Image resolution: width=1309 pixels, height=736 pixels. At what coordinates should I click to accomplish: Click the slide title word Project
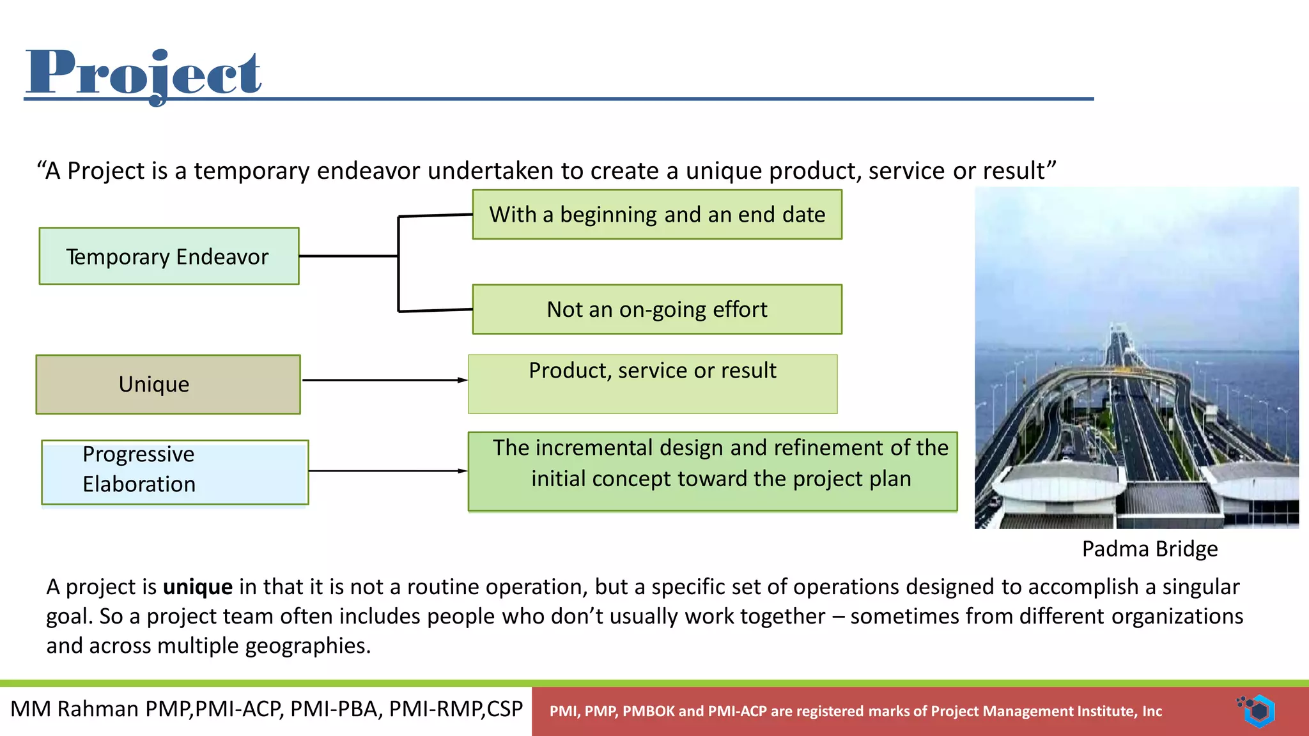143,73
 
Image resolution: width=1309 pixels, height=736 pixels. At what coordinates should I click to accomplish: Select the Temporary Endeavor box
169,256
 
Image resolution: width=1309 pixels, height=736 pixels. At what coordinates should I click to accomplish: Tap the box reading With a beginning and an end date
657,215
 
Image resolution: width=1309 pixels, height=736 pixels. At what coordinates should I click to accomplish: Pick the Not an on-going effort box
657,309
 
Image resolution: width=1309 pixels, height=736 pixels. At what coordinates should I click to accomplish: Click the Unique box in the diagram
168,385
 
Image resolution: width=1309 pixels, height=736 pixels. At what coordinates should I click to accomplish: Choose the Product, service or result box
653,384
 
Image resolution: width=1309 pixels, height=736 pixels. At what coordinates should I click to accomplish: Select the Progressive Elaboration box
175,472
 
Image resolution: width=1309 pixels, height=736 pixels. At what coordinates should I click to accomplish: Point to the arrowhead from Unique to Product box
463,380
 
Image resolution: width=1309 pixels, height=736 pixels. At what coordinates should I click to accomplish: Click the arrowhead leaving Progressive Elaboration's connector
463,471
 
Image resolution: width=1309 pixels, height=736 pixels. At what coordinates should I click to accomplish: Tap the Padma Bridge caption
1150,549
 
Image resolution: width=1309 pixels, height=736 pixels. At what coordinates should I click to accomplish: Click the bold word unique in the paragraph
198,586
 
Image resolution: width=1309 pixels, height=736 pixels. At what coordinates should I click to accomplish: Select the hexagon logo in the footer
1258,710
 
